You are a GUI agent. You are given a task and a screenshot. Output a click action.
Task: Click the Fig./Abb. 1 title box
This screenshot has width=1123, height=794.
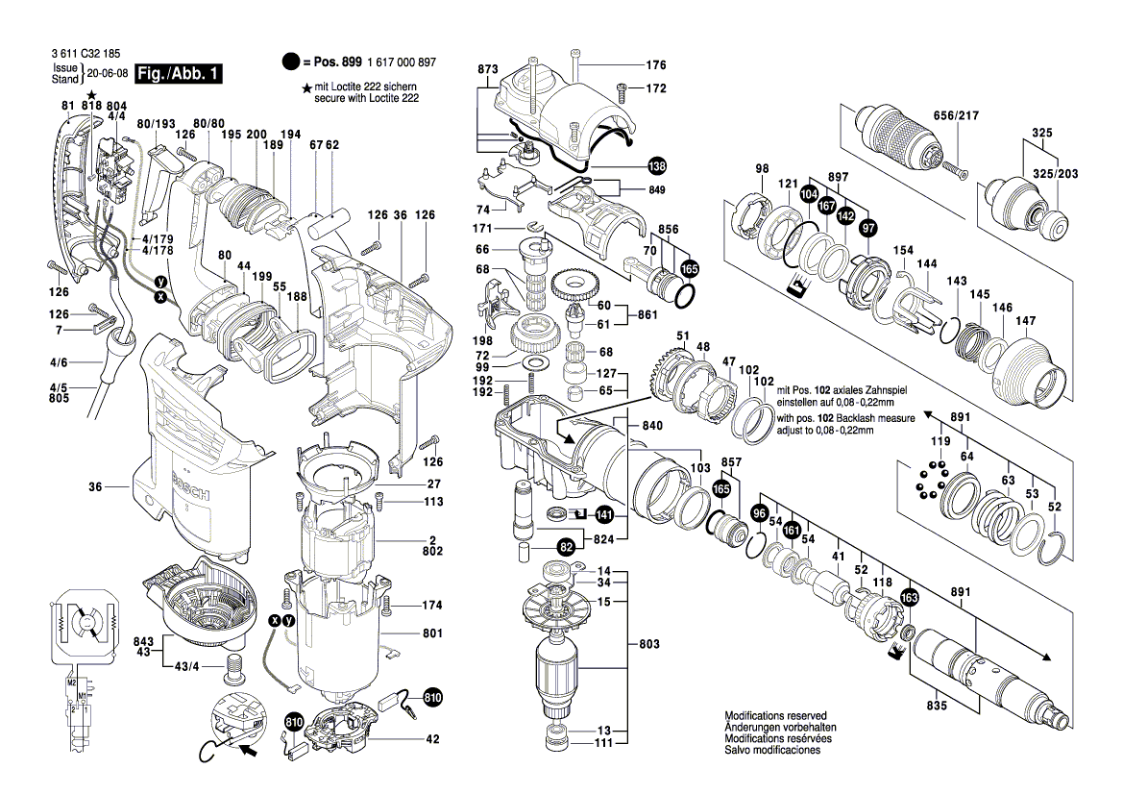click(180, 74)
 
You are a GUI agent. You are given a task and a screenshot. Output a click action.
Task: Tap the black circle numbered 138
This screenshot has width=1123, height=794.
click(656, 165)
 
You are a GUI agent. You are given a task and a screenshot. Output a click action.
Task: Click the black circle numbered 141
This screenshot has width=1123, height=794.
click(604, 513)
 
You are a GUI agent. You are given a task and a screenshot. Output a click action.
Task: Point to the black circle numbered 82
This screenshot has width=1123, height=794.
click(567, 546)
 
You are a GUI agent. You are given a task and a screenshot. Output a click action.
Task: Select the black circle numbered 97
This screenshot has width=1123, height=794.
click(868, 227)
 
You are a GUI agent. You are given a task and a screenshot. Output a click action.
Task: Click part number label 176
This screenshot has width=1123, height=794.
click(655, 65)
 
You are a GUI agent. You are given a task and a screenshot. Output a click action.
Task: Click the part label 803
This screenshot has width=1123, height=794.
click(649, 641)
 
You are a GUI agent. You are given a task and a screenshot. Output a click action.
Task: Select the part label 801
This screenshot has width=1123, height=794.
click(432, 633)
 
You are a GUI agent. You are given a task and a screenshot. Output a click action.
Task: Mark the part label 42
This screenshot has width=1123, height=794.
click(432, 739)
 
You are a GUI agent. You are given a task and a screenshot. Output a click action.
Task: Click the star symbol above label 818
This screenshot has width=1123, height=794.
click(92, 94)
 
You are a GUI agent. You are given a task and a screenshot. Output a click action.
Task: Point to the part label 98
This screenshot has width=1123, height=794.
click(762, 169)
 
